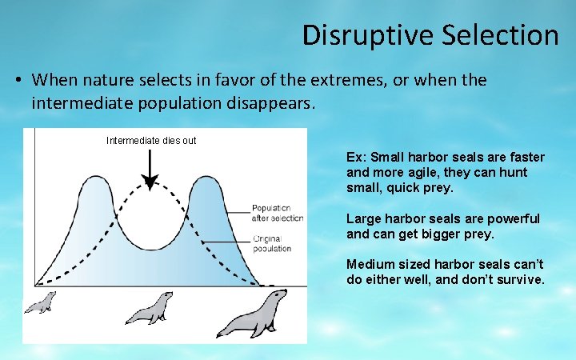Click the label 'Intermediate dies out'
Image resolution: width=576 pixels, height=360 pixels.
(151, 141)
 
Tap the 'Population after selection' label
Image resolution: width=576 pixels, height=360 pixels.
(278, 213)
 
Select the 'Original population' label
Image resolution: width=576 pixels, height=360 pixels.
(272, 243)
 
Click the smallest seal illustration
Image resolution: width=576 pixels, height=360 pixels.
(39, 302)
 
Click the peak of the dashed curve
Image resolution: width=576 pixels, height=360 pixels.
(150, 190)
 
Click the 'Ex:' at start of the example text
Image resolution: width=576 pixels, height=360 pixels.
(355, 157)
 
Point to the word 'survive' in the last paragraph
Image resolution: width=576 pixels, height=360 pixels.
(519, 280)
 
